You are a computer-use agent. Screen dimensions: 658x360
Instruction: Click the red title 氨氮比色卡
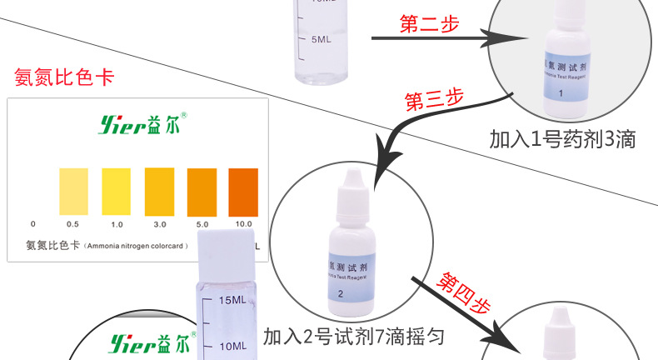[x=64, y=77]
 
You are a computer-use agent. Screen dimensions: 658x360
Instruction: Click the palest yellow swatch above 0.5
[x=72, y=189]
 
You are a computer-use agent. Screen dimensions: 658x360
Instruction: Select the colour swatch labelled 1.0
[x=116, y=189]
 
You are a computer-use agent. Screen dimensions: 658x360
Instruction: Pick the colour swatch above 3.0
[x=159, y=189]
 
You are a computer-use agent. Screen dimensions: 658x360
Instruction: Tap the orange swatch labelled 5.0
[x=202, y=189]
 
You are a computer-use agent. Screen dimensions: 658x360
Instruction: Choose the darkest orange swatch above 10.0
[x=244, y=189]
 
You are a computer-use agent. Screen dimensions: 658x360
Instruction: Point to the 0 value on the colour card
[x=32, y=224]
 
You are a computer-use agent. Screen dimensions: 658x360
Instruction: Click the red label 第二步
[x=429, y=24]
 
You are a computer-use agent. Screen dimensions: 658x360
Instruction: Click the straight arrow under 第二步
[x=425, y=38]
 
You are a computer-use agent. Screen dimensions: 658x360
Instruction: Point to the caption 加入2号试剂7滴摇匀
[x=353, y=337]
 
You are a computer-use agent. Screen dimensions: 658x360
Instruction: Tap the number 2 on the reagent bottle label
[x=341, y=292]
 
